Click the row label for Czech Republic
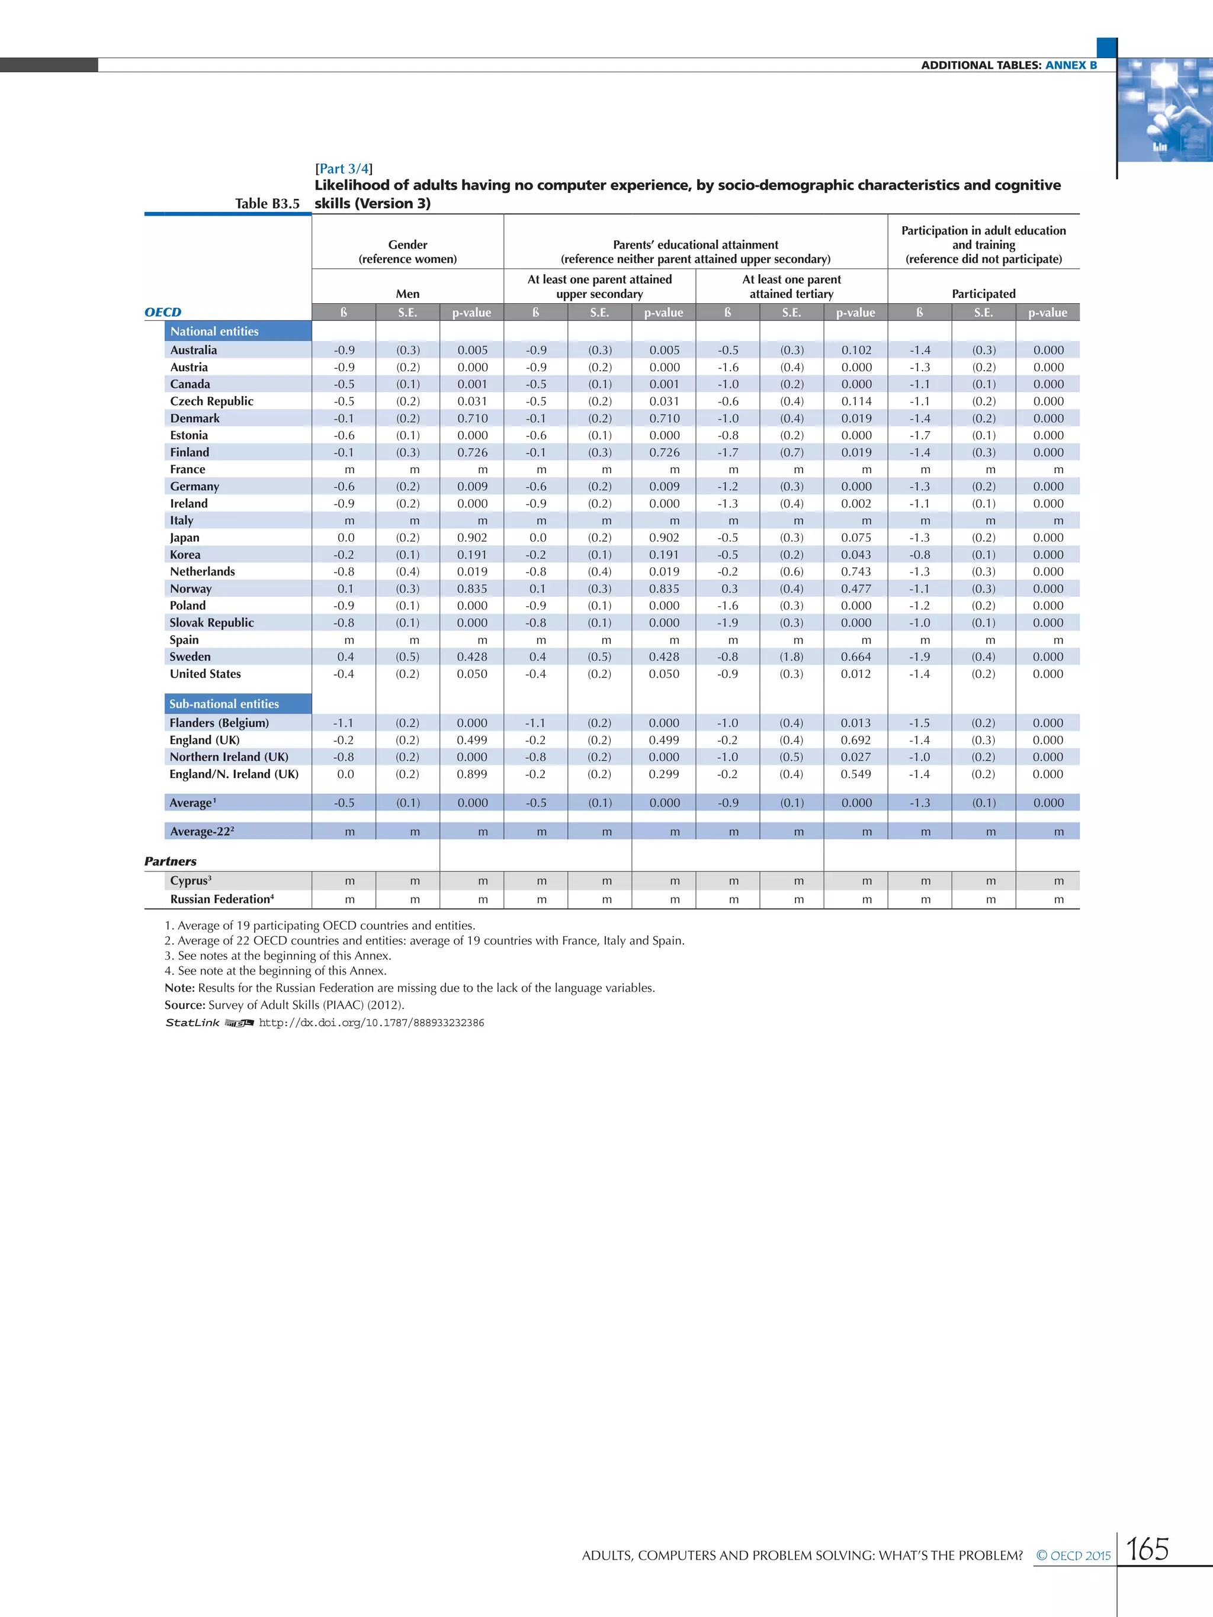[211, 401]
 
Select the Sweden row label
[190, 657]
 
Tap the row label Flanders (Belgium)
[219, 723]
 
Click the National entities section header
[214, 331]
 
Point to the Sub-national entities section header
[224, 704]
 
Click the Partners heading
[171, 861]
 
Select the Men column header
[407, 294]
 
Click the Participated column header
[983, 294]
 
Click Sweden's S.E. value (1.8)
[792, 657]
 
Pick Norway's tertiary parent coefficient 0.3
[729, 589]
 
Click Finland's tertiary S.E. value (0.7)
[792, 452]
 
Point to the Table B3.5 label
[267, 204]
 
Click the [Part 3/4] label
[344, 169]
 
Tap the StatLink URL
[371, 1023]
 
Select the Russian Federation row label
[222, 899]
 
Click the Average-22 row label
[202, 831]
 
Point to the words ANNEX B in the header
[1071, 65]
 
